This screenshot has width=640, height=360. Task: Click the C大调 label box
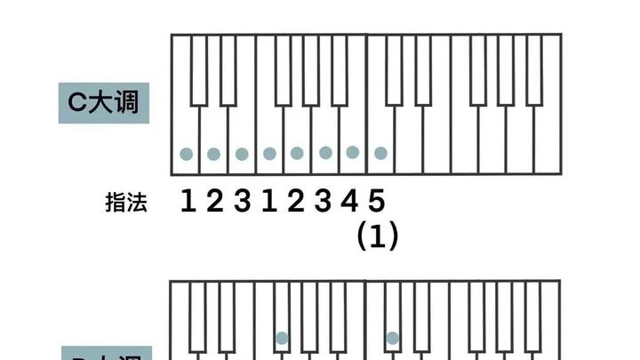pyautogui.click(x=103, y=102)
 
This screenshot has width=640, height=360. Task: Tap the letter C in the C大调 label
pyautogui.click(x=77, y=102)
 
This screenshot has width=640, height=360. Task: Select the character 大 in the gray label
pyautogui.click(x=101, y=102)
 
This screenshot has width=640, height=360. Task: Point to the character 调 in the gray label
pyautogui.click(x=126, y=102)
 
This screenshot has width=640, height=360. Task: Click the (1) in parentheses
pyautogui.click(x=377, y=236)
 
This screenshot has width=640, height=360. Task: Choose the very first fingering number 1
pyautogui.click(x=188, y=202)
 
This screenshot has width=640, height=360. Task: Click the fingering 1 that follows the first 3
pyautogui.click(x=268, y=202)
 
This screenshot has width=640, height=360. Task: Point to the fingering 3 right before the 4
pyautogui.click(x=324, y=202)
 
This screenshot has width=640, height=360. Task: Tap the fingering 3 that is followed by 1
pyautogui.click(x=242, y=202)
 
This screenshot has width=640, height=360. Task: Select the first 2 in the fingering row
pyautogui.click(x=214, y=202)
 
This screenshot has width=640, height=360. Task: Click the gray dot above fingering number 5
pyautogui.click(x=380, y=153)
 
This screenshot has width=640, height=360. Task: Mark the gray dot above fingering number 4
pyautogui.click(x=353, y=152)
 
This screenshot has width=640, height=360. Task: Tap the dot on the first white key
pyautogui.click(x=186, y=154)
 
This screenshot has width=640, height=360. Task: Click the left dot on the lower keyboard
pyautogui.click(x=282, y=338)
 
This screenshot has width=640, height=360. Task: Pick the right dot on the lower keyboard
pyautogui.click(x=392, y=338)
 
